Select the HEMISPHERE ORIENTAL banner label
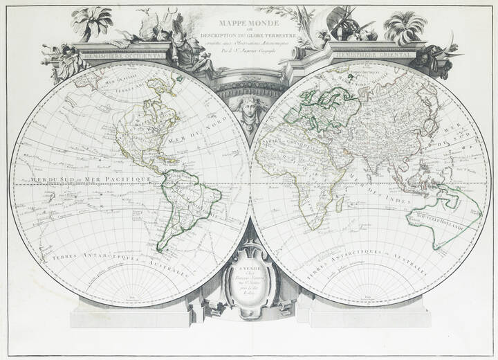click(x=373, y=53)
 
